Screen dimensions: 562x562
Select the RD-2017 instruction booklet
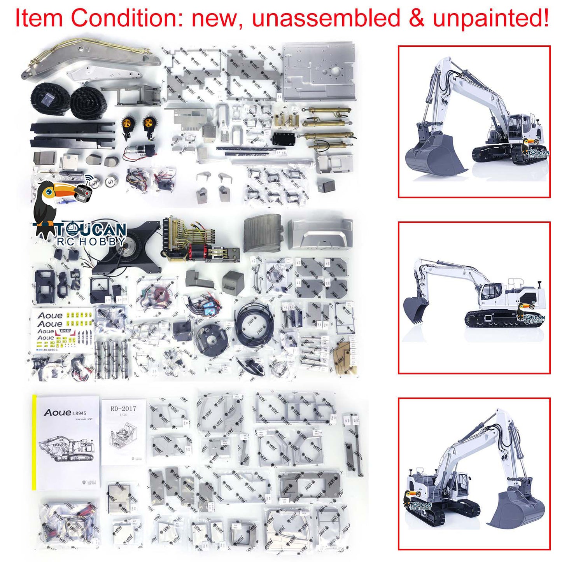click(123, 432)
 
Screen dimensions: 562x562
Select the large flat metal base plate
click(319, 72)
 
